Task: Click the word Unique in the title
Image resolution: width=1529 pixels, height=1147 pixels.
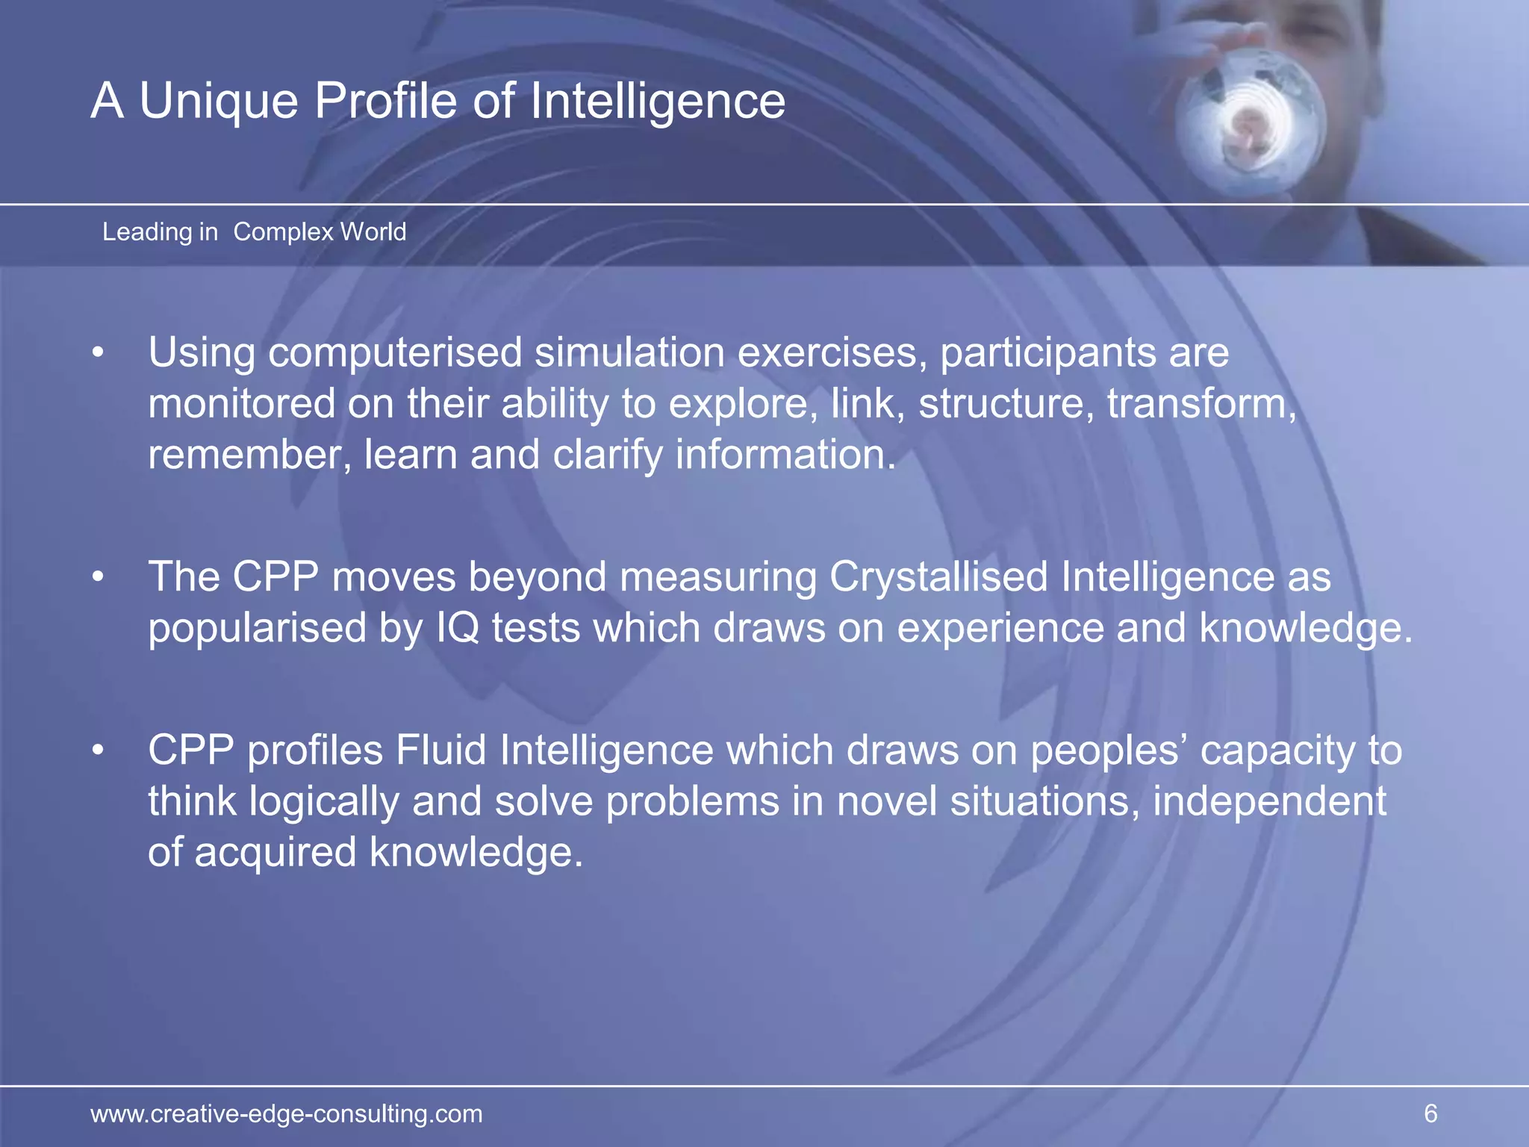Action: tap(218, 101)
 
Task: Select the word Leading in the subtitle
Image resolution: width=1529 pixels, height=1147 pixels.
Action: tap(147, 232)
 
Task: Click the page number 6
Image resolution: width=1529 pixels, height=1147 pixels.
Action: tap(1430, 1113)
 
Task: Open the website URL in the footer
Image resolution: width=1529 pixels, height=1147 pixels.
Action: tap(287, 1114)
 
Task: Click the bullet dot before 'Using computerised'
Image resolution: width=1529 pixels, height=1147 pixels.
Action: tap(98, 353)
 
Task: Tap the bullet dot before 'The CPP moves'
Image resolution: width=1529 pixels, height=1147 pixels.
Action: tap(98, 578)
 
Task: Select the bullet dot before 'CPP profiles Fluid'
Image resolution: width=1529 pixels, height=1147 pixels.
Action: tap(98, 751)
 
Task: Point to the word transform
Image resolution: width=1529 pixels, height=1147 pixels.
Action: tap(1201, 404)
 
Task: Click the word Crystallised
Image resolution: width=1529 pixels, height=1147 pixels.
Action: tap(938, 578)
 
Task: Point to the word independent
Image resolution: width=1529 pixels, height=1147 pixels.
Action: tap(1269, 802)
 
